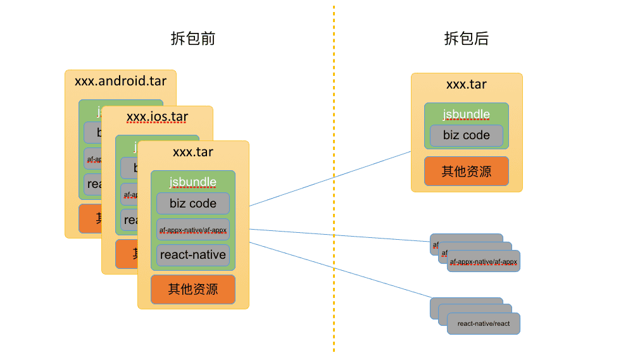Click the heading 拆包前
tap(193, 39)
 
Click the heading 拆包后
tap(467, 39)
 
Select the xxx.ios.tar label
tap(157, 117)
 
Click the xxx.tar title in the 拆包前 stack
tap(193, 152)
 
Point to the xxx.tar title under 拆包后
tap(467, 84)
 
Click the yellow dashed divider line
tap(334, 190)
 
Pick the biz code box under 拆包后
tap(467, 135)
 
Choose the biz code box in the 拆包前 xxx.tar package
tap(193, 204)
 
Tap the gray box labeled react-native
tap(193, 255)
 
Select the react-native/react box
tap(484, 323)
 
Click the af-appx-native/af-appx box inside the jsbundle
tap(193, 230)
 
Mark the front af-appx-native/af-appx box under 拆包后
tap(484, 261)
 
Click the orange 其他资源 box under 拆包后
tap(467, 171)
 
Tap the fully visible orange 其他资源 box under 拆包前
tap(193, 289)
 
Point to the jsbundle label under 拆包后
tap(467, 115)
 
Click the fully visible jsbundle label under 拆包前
tap(193, 182)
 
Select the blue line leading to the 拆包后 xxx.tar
tap(329, 179)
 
